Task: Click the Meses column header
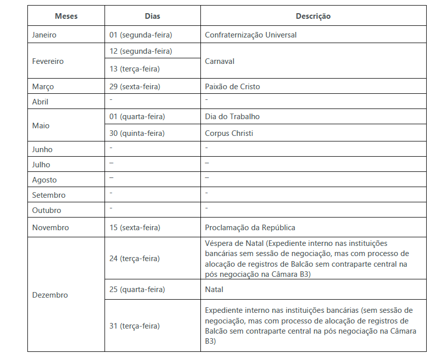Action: click(x=66, y=16)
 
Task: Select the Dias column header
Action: click(x=152, y=16)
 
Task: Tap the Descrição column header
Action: click(x=313, y=16)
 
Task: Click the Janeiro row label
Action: click(x=44, y=35)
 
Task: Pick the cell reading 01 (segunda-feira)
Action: click(x=141, y=35)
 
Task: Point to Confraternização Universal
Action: click(x=251, y=35)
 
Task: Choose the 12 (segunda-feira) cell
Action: click(x=141, y=51)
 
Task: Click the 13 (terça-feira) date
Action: click(x=134, y=68)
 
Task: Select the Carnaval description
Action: click(x=219, y=61)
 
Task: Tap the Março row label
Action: click(x=43, y=87)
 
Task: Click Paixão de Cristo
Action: click(x=232, y=87)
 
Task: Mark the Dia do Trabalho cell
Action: click(x=232, y=117)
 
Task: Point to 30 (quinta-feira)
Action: click(x=137, y=133)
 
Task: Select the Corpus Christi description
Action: click(x=229, y=133)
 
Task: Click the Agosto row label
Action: click(x=44, y=180)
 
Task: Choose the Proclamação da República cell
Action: click(x=250, y=228)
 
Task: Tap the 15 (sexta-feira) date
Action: click(x=134, y=228)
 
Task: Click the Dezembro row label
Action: click(x=50, y=295)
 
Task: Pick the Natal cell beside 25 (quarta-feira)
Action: click(x=214, y=290)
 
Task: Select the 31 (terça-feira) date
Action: click(x=134, y=326)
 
